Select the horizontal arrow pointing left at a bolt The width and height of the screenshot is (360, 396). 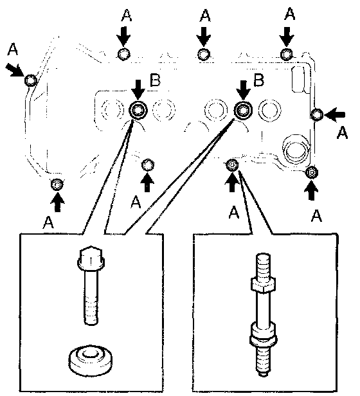[x=335, y=114]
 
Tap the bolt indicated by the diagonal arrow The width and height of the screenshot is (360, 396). [x=31, y=80]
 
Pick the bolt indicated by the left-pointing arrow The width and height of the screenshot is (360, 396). [x=316, y=114]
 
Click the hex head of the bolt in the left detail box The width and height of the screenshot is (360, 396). [x=91, y=258]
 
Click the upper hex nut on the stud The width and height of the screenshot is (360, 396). [x=263, y=285]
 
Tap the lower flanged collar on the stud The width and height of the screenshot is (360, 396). [x=263, y=335]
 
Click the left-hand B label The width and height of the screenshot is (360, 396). [x=155, y=80]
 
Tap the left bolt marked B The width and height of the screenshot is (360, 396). [x=138, y=111]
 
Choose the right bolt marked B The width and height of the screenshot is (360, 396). [x=243, y=110]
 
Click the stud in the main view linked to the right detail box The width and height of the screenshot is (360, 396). [x=232, y=165]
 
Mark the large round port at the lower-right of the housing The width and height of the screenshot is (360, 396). [x=296, y=149]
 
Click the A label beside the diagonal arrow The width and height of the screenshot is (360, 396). [x=13, y=49]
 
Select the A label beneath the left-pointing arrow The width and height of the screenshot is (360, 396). [x=342, y=132]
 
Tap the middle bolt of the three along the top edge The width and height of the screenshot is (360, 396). [x=204, y=55]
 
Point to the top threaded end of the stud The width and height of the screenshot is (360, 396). [x=263, y=265]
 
